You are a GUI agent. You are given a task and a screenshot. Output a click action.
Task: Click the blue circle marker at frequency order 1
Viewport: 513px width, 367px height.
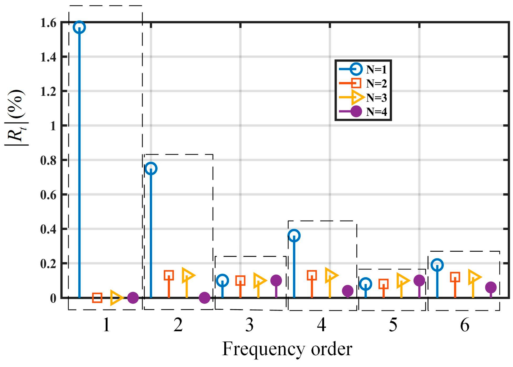coord(80,27)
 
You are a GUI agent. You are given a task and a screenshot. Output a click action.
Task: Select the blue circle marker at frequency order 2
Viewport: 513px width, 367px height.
coord(151,168)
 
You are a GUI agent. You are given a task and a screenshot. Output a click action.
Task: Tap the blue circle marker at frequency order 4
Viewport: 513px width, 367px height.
coord(294,236)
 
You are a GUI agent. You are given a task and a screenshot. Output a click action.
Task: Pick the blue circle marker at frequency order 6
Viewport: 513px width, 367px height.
coord(437,265)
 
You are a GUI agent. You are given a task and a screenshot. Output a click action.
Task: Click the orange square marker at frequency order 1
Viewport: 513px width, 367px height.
coord(97,298)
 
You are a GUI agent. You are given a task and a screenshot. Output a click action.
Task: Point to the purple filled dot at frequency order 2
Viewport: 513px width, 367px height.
coord(204,298)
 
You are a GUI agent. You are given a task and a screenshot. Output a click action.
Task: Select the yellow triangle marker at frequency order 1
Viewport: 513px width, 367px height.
coord(116,298)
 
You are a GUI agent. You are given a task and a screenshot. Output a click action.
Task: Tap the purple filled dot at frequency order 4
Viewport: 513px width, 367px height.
coord(348,291)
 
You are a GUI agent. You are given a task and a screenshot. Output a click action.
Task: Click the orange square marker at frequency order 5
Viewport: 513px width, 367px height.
coord(383,284)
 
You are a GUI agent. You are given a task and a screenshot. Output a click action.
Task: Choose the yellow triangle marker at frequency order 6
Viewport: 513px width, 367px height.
coord(474,277)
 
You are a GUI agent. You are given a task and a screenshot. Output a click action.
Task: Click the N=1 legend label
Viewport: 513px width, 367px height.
coord(377,70)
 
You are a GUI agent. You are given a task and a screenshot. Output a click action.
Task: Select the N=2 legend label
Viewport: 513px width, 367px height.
coord(377,84)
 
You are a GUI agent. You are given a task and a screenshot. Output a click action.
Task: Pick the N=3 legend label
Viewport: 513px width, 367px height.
coord(377,98)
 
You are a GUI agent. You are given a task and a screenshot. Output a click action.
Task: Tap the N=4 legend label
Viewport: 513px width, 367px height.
coord(377,112)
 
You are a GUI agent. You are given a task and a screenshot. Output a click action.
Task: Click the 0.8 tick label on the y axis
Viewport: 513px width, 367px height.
coord(48,160)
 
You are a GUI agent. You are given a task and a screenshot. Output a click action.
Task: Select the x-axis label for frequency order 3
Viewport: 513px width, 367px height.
coord(250,325)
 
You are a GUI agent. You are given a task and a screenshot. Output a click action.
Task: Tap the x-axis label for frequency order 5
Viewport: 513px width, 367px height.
coord(393,325)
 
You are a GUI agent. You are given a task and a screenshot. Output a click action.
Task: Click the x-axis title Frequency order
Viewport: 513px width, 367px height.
coord(287,349)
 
